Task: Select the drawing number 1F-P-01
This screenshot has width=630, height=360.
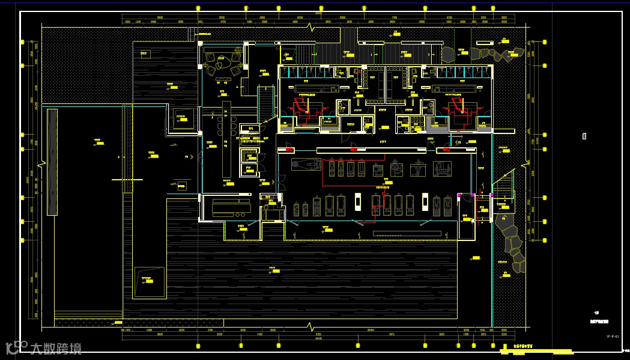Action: [612, 337]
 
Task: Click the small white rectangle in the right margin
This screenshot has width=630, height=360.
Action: [584, 136]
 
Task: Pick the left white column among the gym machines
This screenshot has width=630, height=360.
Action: [357, 203]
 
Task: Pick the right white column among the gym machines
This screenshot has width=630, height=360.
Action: [426, 203]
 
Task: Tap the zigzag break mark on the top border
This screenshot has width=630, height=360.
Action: [310, 27]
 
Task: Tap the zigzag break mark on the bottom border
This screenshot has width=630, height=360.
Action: [310, 328]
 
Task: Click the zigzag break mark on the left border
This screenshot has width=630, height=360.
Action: [42, 163]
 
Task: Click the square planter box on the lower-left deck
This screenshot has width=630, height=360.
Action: [150, 282]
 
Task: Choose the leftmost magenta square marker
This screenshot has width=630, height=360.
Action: [459, 195]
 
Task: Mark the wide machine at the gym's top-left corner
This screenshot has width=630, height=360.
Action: [306, 164]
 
